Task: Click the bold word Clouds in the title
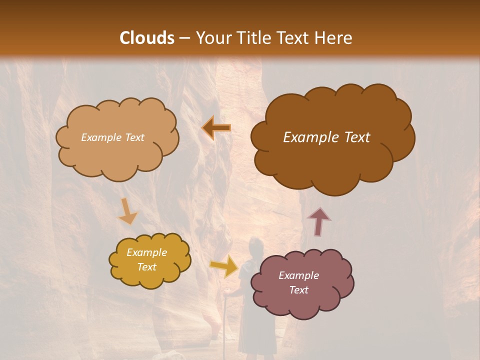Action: [147, 38]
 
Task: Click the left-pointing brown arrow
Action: [216, 127]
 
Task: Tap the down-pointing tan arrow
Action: [127, 210]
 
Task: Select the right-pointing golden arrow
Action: [224, 266]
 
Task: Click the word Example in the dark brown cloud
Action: [307, 137]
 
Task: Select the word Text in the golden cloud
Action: [147, 267]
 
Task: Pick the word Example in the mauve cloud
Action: [298, 275]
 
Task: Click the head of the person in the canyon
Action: [255, 246]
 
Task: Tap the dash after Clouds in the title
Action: [183, 39]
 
